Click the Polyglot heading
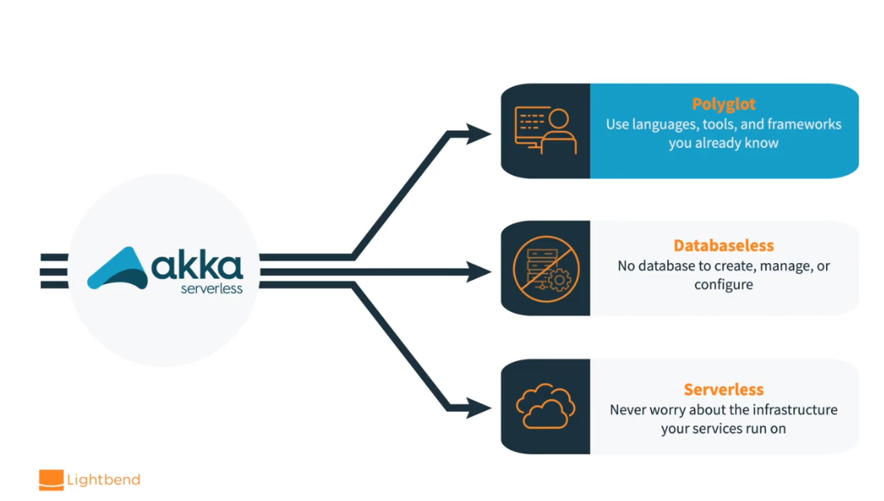click(723, 105)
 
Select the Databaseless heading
click(723, 246)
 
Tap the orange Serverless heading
click(723, 389)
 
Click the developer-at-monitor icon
click(545, 130)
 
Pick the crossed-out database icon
click(546, 268)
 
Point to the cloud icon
click(546, 407)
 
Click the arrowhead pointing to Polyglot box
click(477, 133)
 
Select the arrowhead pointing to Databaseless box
click(477, 272)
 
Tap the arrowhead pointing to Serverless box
click(477, 409)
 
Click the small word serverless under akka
click(211, 289)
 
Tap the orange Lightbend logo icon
click(51, 480)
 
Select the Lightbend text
click(104, 480)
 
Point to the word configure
click(723, 285)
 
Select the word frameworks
click(804, 125)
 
